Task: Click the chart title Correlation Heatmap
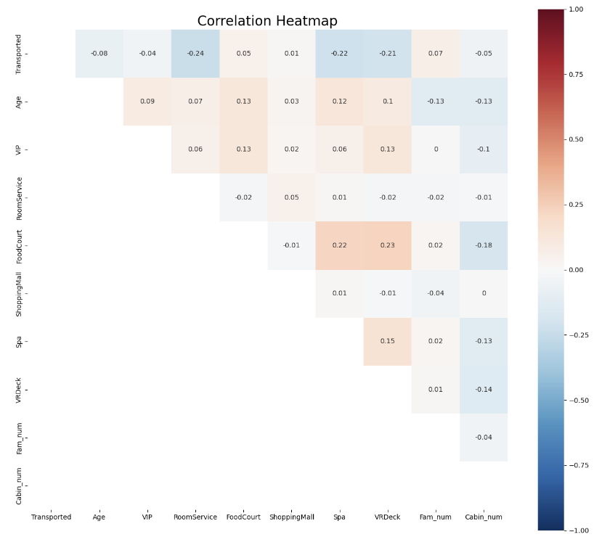[267, 21]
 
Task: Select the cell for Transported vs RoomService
[195, 54]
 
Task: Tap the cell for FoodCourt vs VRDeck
[387, 245]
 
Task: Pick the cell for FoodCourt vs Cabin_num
[484, 245]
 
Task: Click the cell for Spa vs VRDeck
[387, 341]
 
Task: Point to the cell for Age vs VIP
[147, 102]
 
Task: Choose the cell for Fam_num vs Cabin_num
[484, 437]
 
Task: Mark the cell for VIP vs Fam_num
[436, 149]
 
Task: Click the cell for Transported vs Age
[99, 54]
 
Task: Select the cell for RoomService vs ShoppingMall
[291, 197]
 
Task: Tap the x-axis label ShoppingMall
[291, 517]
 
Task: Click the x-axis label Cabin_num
[484, 517]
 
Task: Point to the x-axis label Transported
[52, 517]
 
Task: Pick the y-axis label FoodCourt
[19, 245]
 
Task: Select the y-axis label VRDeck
[19, 389]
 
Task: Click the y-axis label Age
[19, 102]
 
